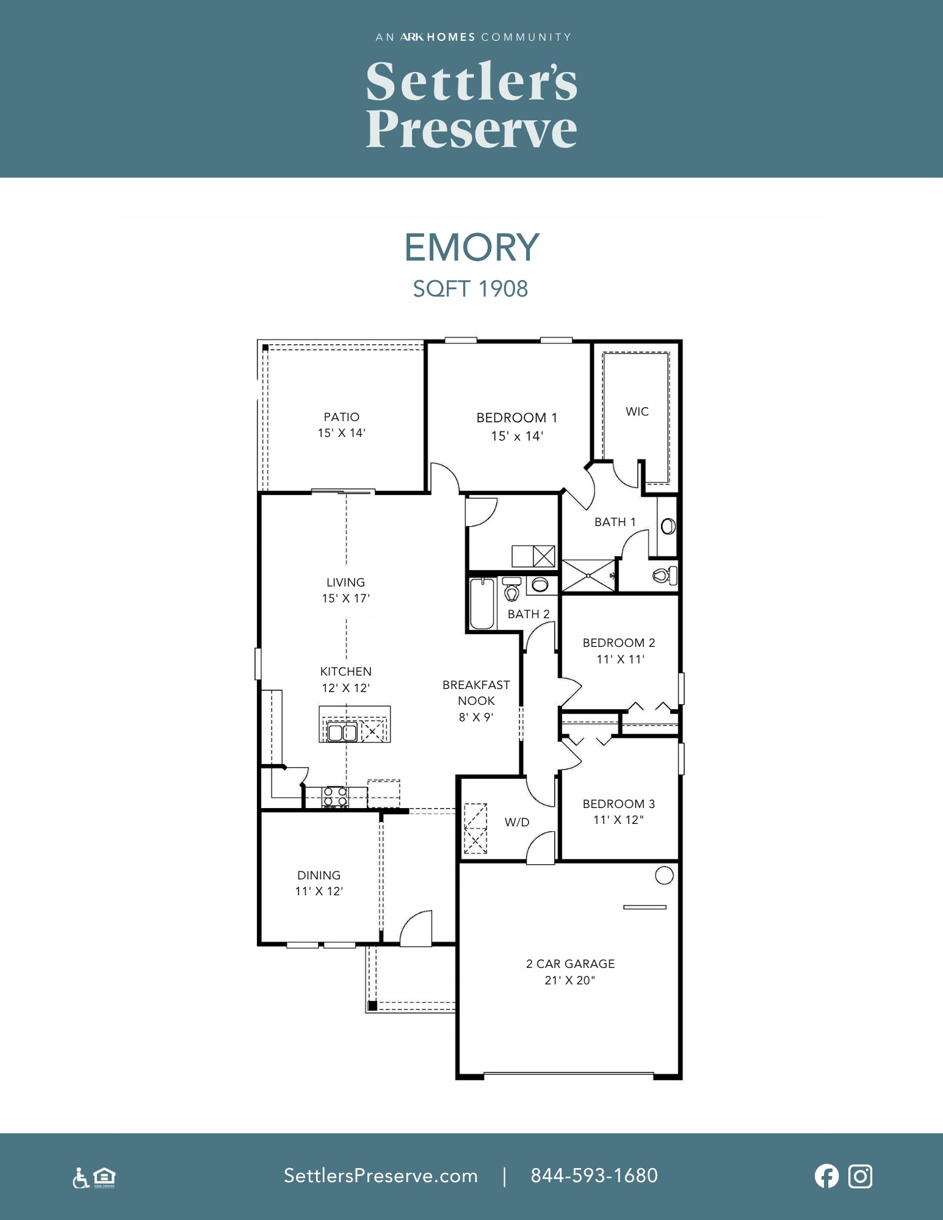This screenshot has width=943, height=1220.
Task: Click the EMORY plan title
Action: (472, 247)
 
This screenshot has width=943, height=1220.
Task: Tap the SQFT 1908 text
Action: (471, 289)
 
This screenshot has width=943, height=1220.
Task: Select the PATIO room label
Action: (342, 417)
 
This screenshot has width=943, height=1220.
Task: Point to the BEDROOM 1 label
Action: (517, 418)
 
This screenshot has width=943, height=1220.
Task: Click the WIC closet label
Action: (637, 411)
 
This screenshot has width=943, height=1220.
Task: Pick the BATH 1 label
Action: (615, 522)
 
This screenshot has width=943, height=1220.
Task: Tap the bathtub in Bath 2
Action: (482, 604)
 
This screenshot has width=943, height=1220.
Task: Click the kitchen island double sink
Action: (342, 731)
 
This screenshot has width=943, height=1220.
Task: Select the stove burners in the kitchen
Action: (336, 798)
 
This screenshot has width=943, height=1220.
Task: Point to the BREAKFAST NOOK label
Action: (476, 693)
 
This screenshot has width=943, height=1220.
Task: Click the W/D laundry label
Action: (517, 822)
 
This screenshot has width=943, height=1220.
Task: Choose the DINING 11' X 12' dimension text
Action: (319, 891)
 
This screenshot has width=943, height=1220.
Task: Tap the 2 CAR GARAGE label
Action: (571, 964)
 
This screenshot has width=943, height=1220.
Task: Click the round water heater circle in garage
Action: (664, 875)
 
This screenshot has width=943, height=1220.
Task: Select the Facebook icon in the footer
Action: (826, 1176)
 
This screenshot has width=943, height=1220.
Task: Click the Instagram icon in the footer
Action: (861, 1176)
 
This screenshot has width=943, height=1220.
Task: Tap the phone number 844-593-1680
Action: (594, 1175)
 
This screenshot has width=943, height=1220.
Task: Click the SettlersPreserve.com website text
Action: (381, 1175)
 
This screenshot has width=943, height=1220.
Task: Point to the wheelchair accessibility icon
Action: (81, 1178)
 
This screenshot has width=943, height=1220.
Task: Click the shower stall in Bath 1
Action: (588, 575)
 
